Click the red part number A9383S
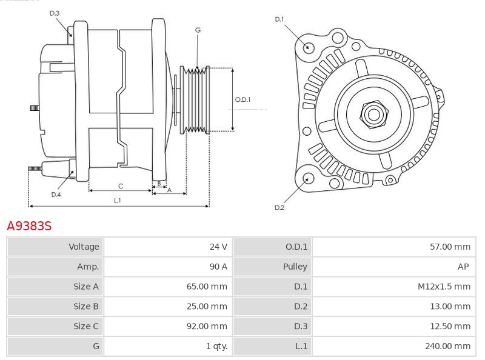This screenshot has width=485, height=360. tap(29, 226)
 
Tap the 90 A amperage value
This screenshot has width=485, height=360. tap(218, 267)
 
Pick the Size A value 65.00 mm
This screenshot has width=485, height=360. tap(207, 287)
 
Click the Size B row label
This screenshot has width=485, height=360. tap(85, 307)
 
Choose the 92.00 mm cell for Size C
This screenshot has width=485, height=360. tap(207, 326)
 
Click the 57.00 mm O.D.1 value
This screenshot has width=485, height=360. tap(450, 247)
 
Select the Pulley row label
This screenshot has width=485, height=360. tap(295, 267)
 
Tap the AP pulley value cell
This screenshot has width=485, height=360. tap(464, 267)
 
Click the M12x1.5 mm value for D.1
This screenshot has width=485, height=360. tap(444, 287)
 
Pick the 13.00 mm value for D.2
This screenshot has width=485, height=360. tap(450, 307)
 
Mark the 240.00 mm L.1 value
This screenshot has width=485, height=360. tap(447, 346)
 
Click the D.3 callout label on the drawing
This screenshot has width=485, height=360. tap(55, 13)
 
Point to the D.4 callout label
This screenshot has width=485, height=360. tap(56, 195)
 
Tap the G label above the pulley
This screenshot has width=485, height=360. tap(198, 30)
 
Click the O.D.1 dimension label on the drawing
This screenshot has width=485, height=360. tap(242, 100)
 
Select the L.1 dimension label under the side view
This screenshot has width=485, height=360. tap(118, 201)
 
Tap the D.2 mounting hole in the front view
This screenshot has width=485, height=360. tap(308, 178)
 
